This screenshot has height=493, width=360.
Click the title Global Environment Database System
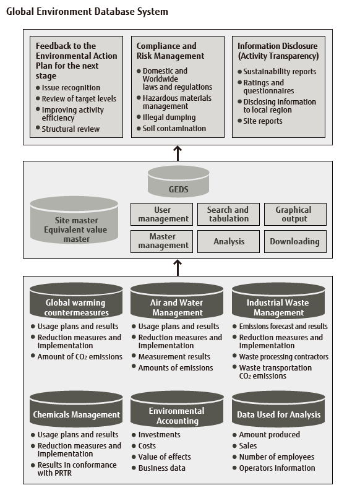[87, 12]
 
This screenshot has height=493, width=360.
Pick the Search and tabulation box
[228, 214]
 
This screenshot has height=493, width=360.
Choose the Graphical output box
[294, 214]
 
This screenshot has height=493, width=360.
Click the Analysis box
[228, 241]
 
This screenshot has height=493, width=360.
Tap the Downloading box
[294, 241]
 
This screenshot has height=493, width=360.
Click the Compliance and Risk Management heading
[166, 51]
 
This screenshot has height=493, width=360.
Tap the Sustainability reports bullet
[280, 72]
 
